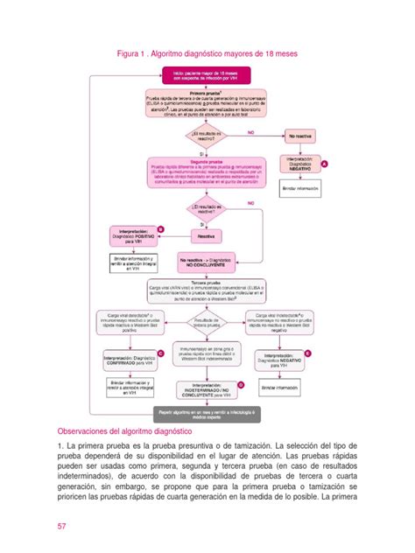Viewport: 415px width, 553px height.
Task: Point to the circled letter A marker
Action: point(325,164)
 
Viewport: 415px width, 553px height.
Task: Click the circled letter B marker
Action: point(173,228)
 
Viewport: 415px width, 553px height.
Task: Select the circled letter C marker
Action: point(173,353)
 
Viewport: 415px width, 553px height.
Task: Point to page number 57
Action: point(62,527)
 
